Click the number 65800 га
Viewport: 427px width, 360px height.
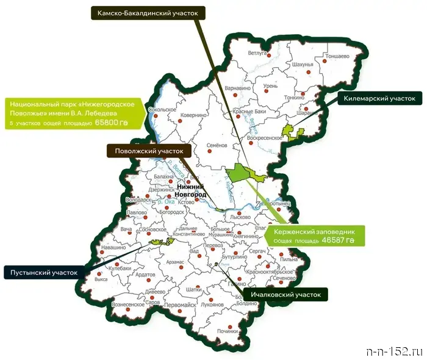pos(112,123)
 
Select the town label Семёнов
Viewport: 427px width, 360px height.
pos(217,145)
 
